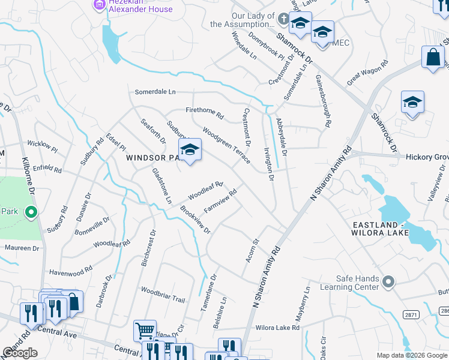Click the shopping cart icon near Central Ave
145,331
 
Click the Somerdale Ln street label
155,92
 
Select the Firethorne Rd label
204,111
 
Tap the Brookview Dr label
196,220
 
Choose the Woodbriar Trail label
163,293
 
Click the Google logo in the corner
20,353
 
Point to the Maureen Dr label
22,248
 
